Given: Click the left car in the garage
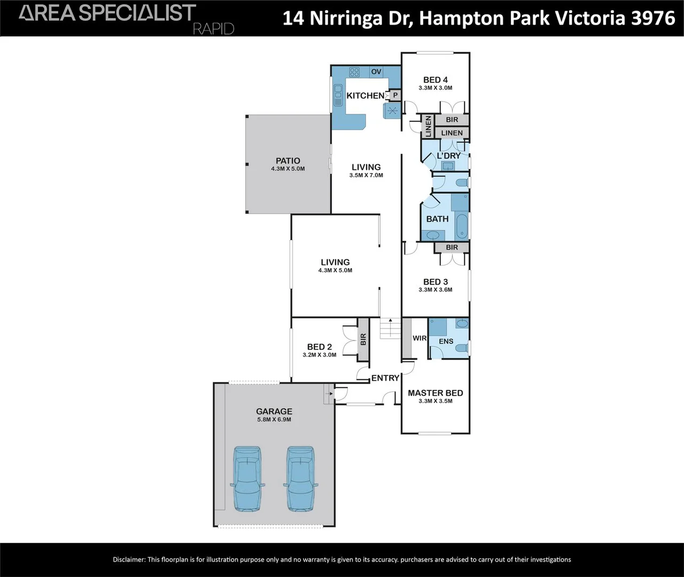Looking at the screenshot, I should (247, 479).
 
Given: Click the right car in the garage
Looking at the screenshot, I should (301, 479).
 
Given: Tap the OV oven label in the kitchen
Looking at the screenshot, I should (376, 72).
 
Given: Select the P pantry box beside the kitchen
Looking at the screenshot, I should (395, 95).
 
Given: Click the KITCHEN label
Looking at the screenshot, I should (366, 96).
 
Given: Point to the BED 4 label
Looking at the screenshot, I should (436, 80).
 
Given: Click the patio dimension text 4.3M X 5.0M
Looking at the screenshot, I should (288, 169).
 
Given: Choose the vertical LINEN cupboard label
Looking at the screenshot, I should (428, 126).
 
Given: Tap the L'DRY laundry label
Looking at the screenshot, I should (448, 155).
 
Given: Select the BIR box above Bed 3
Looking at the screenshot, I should (452, 247).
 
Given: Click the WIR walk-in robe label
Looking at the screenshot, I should (419, 338).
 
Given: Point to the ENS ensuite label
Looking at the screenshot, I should (446, 341).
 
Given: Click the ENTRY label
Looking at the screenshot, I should (385, 378).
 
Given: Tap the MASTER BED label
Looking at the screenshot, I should (436, 393).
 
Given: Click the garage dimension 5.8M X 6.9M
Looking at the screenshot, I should (274, 420).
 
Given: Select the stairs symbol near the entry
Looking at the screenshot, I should (390, 328).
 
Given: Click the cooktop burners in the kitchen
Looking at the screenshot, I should (354, 72).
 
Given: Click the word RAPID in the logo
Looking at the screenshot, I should (213, 29).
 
